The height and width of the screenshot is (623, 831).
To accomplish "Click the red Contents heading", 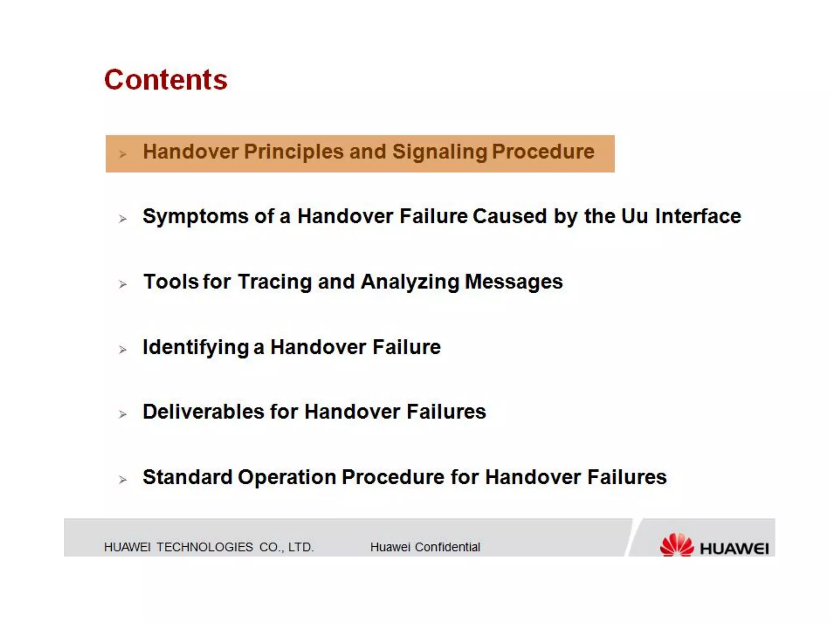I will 166,79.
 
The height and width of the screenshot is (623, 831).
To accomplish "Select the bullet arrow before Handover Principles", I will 123,154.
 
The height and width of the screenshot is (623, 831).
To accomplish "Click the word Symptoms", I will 195,217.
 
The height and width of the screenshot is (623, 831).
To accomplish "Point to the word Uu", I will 634,216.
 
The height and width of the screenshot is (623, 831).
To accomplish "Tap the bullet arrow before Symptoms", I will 123,219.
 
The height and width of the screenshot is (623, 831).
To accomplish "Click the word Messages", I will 513,282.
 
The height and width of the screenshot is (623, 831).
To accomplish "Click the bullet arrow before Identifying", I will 123,350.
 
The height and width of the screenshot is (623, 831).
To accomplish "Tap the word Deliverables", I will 203,412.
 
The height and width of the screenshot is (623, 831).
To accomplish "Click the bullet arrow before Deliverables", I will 123,414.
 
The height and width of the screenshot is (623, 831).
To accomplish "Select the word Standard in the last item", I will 187,477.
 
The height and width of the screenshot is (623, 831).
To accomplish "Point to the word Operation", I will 287,477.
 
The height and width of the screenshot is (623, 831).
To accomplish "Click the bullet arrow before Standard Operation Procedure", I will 123,480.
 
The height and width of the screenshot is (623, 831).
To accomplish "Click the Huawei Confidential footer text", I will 425,547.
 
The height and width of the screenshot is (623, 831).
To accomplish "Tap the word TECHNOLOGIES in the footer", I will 205,547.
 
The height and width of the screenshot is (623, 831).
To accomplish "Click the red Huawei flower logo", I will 677,545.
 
